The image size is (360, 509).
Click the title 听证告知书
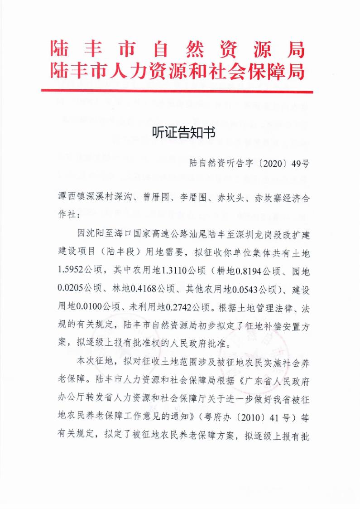coord(180,133)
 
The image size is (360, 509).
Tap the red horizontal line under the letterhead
coord(177,91)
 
